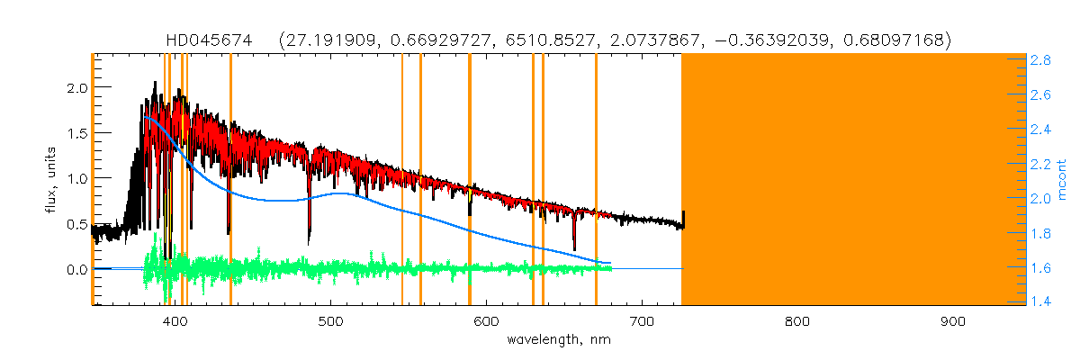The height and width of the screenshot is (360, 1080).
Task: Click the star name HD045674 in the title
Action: click(206, 40)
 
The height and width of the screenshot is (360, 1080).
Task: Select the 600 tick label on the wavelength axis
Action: click(486, 320)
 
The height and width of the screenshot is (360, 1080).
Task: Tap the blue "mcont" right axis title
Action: click(1062, 180)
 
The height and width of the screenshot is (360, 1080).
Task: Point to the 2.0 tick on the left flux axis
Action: click(76, 88)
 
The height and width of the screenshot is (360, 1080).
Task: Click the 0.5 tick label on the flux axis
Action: click(76, 224)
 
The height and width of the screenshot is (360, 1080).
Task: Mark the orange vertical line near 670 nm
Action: click(596, 180)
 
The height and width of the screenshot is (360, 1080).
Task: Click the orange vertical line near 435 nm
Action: click(230, 180)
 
